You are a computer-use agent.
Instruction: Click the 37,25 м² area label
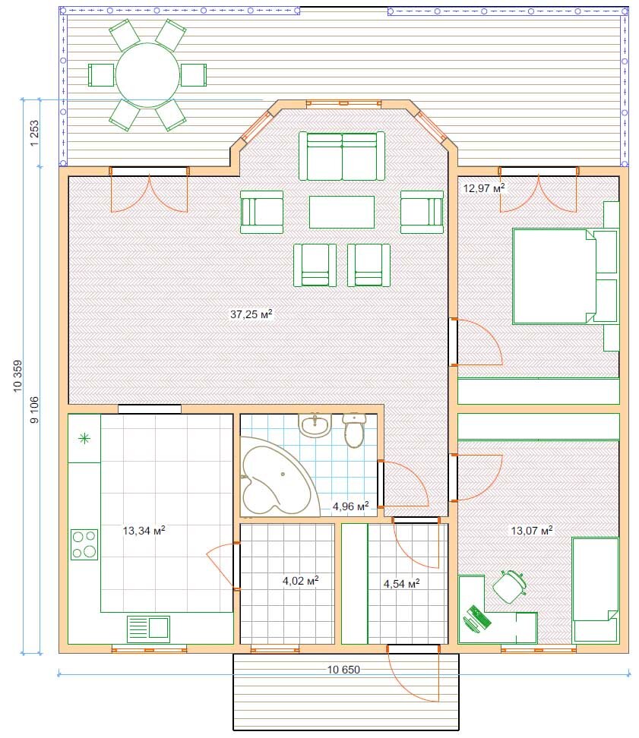pyautogui.click(x=251, y=314)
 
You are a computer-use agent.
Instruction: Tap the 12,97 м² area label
pyautogui.click(x=483, y=188)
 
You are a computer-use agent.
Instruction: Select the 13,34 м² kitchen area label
pyautogui.click(x=144, y=531)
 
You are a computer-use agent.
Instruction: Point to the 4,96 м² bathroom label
pyautogui.click(x=350, y=506)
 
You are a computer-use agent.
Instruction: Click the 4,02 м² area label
pyautogui.click(x=300, y=581)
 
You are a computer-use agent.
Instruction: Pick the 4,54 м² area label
pyautogui.click(x=401, y=584)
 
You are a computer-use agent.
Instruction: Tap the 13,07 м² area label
pyautogui.click(x=532, y=531)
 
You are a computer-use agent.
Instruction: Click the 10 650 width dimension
pyautogui.click(x=343, y=669)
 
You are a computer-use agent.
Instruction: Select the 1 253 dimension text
pyautogui.click(x=34, y=133)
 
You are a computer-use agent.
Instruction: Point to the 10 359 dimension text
pyautogui.click(x=18, y=376)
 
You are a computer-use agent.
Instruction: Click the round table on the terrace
pyautogui.click(x=147, y=75)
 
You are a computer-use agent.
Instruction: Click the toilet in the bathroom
pyautogui.click(x=354, y=430)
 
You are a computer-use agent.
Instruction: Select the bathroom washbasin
pyautogui.click(x=315, y=425)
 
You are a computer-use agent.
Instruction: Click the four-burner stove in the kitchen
pyautogui.click(x=84, y=544)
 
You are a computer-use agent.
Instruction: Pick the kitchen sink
pyautogui.click(x=148, y=629)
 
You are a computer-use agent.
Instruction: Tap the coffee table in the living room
pyautogui.click(x=342, y=212)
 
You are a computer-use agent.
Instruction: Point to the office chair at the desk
pyautogui.click(x=510, y=586)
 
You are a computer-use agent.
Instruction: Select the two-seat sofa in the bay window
pyautogui.click(x=342, y=156)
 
